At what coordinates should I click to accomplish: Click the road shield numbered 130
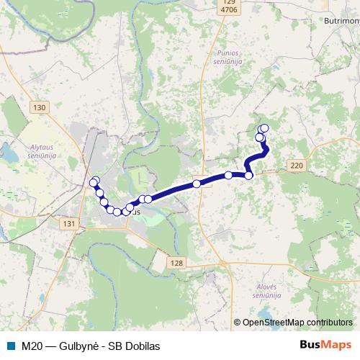pos(39,107)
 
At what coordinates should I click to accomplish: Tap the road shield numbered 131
pos(69,225)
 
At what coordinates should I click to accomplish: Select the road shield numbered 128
pos(177,264)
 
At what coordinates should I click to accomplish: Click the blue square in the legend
pos(11,346)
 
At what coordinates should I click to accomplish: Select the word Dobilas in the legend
pos(141,346)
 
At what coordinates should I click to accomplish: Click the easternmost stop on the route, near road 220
pos(249,175)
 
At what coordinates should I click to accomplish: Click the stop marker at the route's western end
pos(93,183)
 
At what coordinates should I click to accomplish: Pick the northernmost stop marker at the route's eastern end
pos(264,128)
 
